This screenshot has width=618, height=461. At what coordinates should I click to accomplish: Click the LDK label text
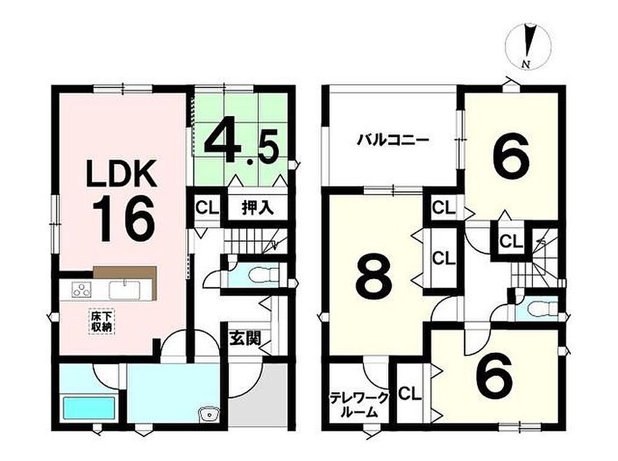[122, 173]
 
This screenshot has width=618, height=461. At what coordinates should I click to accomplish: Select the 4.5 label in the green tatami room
[241, 145]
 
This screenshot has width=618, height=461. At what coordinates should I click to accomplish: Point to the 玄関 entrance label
[245, 338]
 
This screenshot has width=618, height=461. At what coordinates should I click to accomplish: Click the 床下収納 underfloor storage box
[101, 321]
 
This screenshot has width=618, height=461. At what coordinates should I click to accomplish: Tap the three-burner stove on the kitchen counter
[81, 290]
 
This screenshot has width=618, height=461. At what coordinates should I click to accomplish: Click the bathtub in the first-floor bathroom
[89, 409]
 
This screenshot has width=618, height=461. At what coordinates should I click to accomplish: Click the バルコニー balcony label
[393, 141]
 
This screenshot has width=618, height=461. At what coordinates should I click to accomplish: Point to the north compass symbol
[527, 47]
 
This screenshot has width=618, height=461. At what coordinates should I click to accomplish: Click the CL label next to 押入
[208, 208]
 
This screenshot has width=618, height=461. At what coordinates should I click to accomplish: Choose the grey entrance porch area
[258, 395]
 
